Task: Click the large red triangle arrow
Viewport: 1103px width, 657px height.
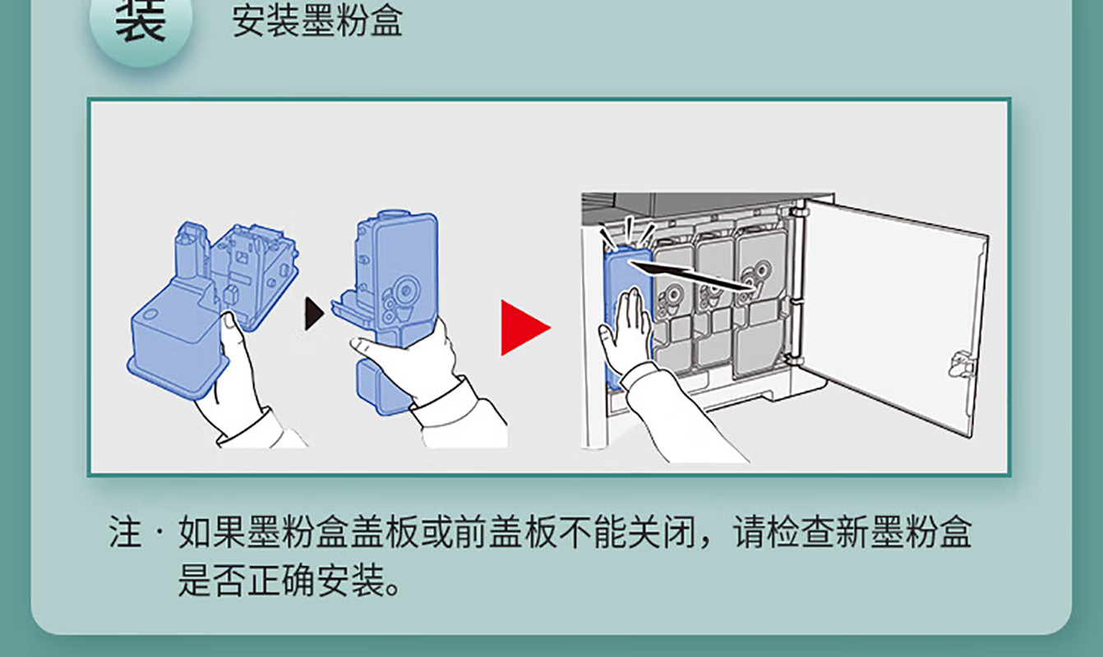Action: tap(524, 328)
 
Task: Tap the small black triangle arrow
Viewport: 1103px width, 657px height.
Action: tap(314, 313)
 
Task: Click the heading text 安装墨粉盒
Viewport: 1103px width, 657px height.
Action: tap(317, 21)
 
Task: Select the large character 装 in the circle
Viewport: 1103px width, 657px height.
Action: tap(141, 20)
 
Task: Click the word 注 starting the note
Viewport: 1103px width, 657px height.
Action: tap(125, 532)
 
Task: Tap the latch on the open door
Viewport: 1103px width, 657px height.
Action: tap(962, 365)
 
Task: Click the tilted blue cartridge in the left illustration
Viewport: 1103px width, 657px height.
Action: tap(212, 306)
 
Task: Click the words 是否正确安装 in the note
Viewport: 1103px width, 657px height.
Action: tap(280, 581)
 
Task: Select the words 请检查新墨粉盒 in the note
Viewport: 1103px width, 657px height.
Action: tap(852, 532)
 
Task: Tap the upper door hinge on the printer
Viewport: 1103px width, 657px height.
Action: tap(798, 213)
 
